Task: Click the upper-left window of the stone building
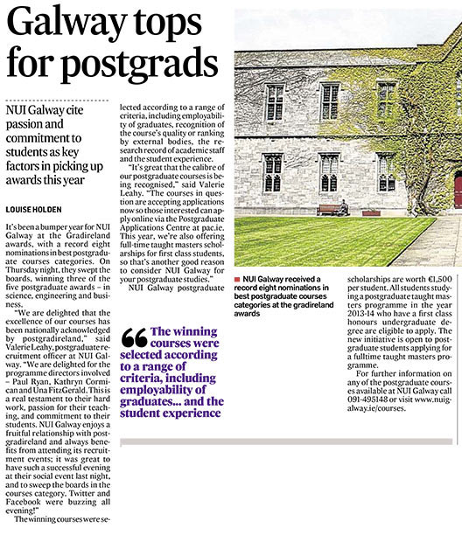pos(275,102)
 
